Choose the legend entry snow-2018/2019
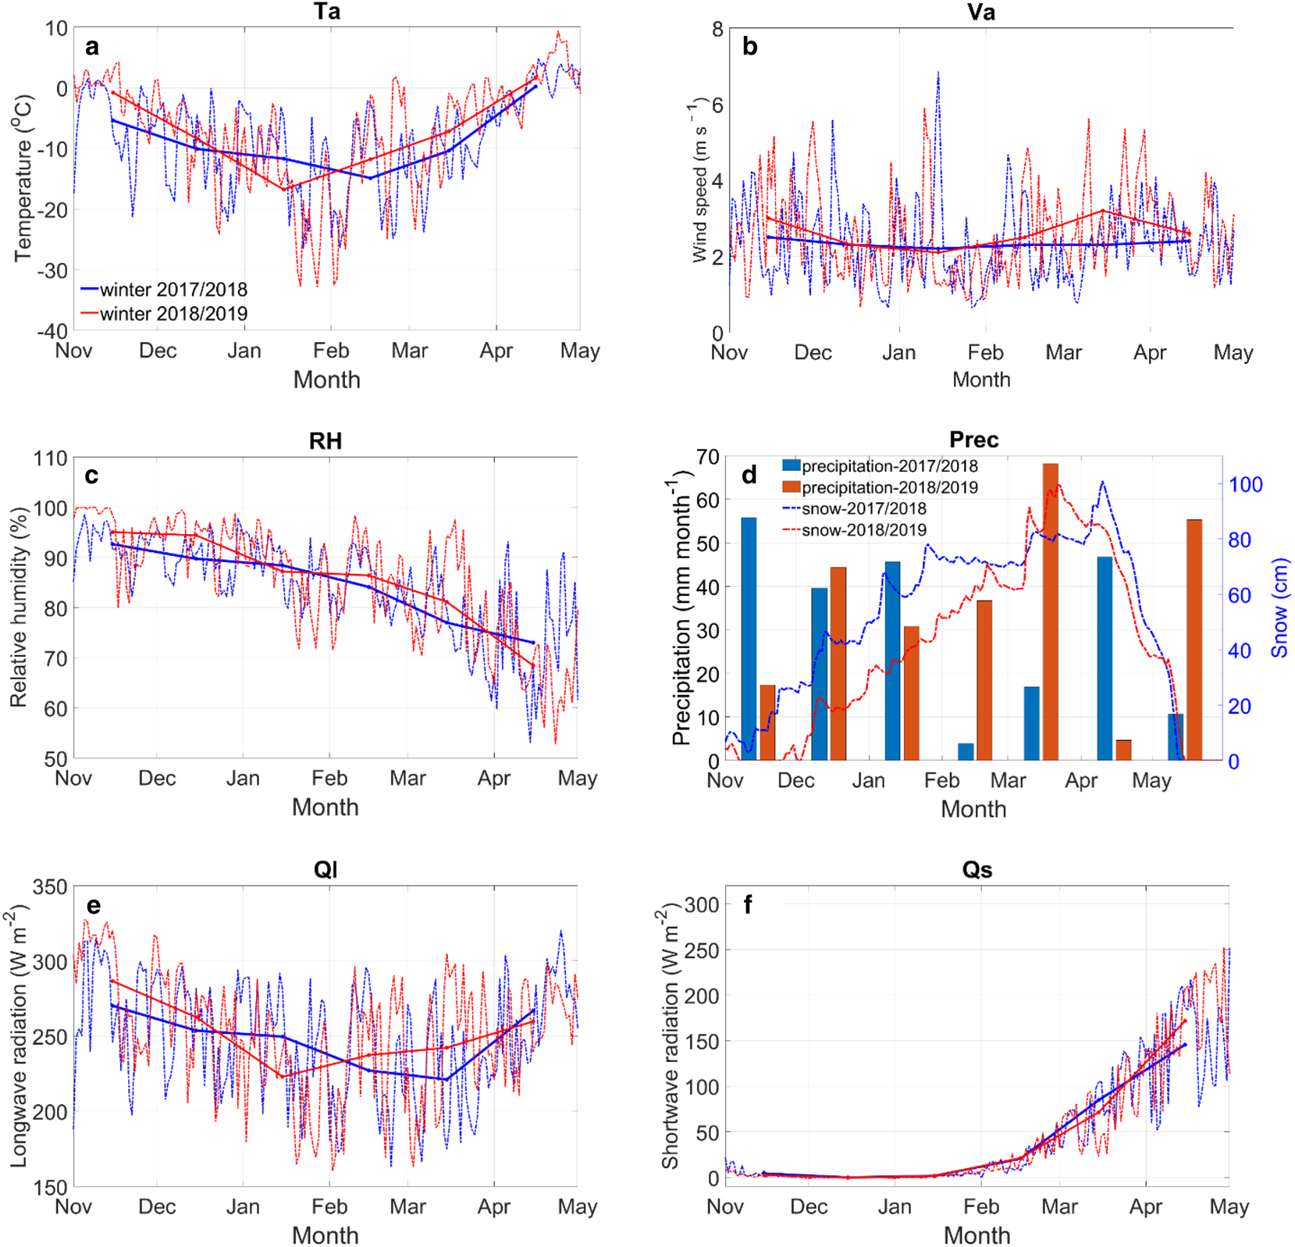pos(863,530)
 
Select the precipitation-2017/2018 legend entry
pos(889,466)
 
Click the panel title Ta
pos(326,12)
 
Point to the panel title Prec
pos(973,440)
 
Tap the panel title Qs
pos(977,870)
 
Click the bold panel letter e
pos(94,905)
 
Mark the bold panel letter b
pos(749,47)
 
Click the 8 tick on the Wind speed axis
pos(717,30)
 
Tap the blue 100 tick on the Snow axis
pos(1246,485)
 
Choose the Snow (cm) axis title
pos(1279,607)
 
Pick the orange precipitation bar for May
pos(1194,640)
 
